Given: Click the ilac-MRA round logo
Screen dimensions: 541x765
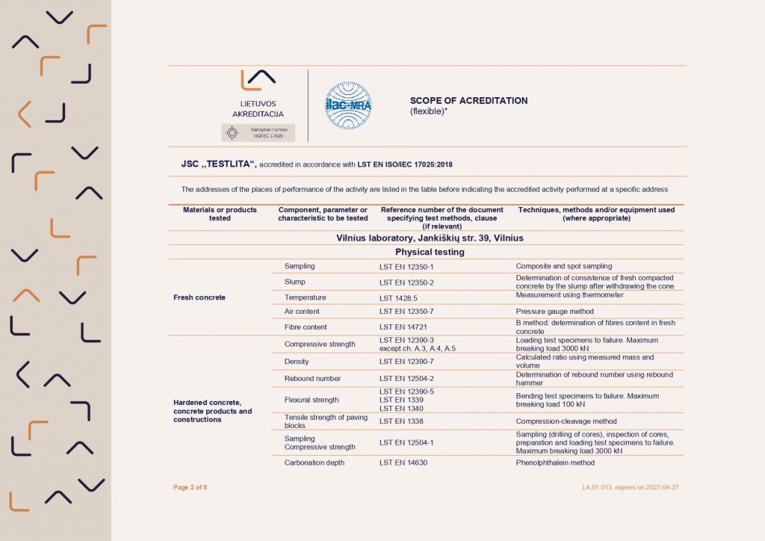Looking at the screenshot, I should coord(348,105).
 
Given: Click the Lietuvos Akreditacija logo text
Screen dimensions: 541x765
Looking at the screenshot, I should coord(258,108).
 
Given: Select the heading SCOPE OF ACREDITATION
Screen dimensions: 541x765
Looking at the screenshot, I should coord(468,101).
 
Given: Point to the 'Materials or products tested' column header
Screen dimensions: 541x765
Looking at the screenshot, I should coord(220,214).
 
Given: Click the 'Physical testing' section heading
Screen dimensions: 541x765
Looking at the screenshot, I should coord(430,252).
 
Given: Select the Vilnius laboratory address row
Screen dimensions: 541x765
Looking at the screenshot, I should coord(430,238).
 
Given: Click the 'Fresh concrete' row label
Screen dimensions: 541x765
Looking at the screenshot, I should coord(199,297).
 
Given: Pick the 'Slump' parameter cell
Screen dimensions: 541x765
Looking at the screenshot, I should coord(295,282).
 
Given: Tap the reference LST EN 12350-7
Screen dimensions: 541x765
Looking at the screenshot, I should coord(406,312).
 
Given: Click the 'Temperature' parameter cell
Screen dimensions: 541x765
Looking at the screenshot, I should coord(305,297).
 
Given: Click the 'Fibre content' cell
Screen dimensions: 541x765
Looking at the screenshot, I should coord(306,327).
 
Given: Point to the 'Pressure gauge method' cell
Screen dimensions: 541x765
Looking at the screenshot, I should coord(554,312).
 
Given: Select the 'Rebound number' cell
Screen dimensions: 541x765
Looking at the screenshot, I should coord(312,378).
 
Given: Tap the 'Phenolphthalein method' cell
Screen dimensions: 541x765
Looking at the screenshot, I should coord(555,463).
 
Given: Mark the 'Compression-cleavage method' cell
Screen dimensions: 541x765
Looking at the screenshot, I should coord(566,421).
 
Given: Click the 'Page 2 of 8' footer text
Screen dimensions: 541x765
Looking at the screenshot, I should coord(190,487).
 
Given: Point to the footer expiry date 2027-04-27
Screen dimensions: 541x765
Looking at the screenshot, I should coord(658,487).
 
